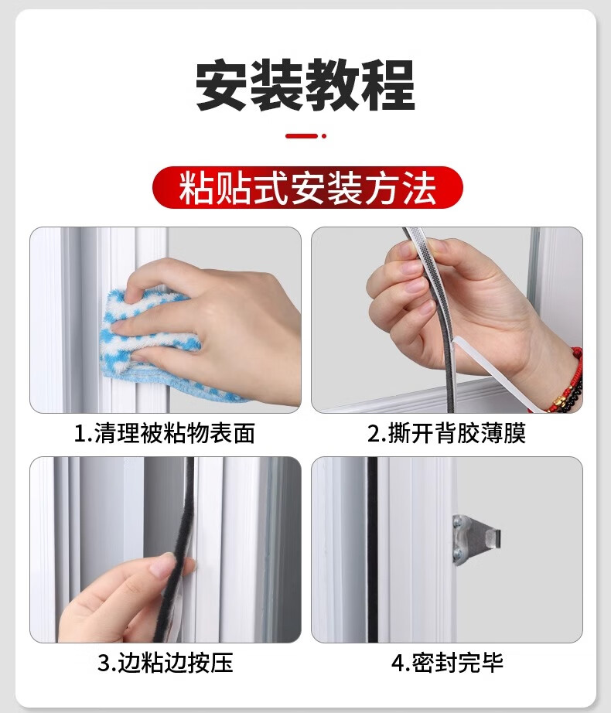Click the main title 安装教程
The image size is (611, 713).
(305, 85)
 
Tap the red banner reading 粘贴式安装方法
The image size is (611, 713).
(307, 188)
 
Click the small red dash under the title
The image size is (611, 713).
(302, 135)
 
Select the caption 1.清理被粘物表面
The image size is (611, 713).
(164, 433)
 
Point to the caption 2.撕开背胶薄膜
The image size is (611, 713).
(446, 433)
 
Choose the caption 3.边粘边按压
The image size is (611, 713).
(166, 663)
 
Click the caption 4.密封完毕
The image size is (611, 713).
(447, 663)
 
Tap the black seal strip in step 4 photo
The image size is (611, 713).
(373, 549)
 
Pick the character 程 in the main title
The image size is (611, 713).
(389, 86)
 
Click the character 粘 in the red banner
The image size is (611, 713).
(196, 188)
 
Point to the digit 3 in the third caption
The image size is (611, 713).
(104, 663)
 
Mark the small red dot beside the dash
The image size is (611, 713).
(324, 135)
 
